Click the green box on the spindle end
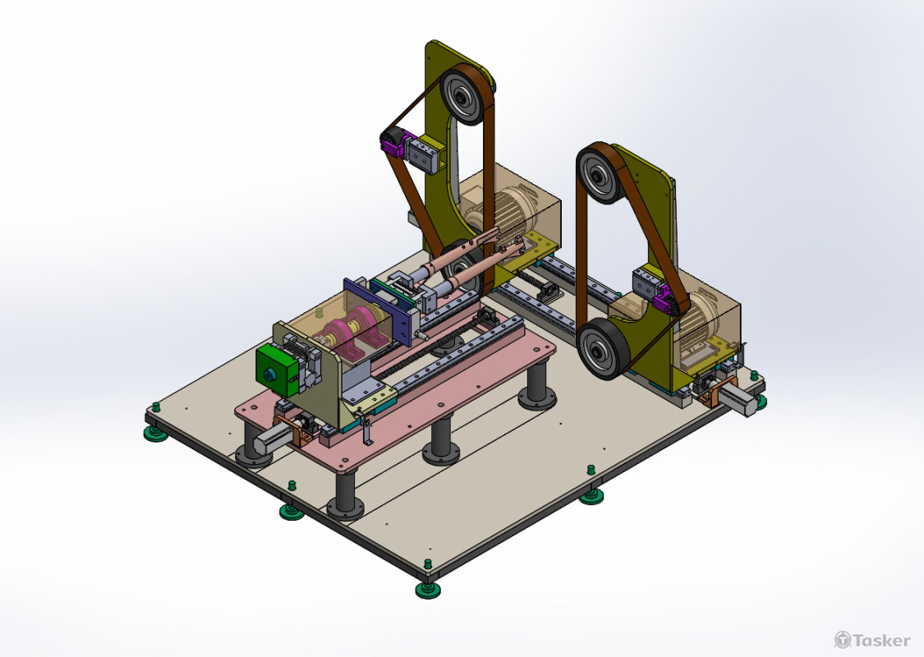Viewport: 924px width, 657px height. tap(277, 370)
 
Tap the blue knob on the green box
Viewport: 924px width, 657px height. tap(270, 374)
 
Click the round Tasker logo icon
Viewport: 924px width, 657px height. tap(843, 640)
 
